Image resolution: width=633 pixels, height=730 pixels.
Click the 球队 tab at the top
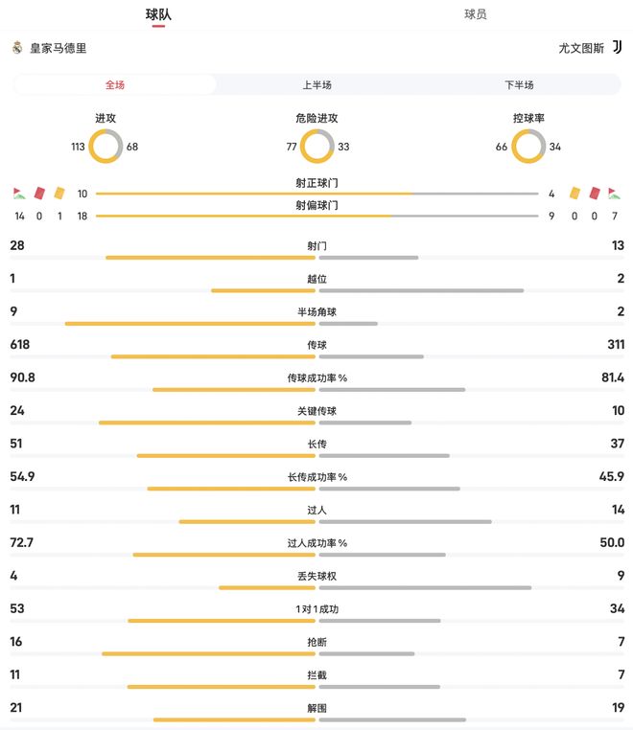pyautogui.click(x=158, y=14)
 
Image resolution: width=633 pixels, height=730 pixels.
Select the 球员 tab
pyautogui.click(x=475, y=14)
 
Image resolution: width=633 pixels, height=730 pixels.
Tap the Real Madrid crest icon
pyautogui.click(x=17, y=47)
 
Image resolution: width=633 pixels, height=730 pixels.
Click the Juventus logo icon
pyautogui.click(x=617, y=47)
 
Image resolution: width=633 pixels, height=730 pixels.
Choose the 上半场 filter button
pyautogui.click(x=316, y=85)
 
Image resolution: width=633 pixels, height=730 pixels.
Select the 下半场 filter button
pyautogui.click(x=519, y=85)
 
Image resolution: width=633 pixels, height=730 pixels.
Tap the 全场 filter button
pyautogui.click(x=115, y=85)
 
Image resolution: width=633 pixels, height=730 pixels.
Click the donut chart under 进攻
pyautogui.click(x=105, y=147)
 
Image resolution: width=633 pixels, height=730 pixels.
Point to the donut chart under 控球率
pyautogui.click(x=528, y=147)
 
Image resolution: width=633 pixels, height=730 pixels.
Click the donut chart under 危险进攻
pyautogui.click(x=316, y=147)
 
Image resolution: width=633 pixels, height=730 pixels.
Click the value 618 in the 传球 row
pyautogui.click(x=20, y=345)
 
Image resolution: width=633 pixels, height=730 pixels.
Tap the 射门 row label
pyautogui.click(x=316, y=246)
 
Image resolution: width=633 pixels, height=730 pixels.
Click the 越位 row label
pyautogui.click(x=316, y=279)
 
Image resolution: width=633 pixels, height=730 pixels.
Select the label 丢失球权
pyautogui.click(x=316, y=577)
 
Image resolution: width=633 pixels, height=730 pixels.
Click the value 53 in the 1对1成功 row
pyautogui.click(x=16, y=609)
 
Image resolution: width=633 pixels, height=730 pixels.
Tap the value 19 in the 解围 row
pyautogui.click(x=617, y=708)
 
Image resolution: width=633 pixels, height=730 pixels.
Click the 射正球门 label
pyautogui.click(x=316, y=183)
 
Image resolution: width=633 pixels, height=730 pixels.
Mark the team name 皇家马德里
pyautogui.click(x=58, y=48)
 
